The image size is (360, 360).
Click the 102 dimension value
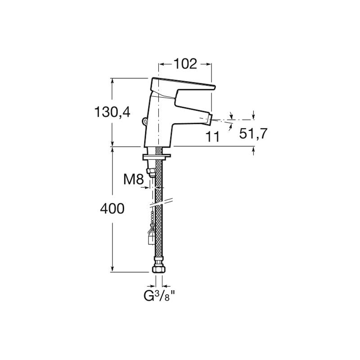coord(185,64)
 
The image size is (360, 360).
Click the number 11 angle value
coord(212,137)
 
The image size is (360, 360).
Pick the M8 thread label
coord(133,180)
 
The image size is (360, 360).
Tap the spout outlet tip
coord(208,120)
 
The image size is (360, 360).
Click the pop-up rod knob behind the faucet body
coord(144,121)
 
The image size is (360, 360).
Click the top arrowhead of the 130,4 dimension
coord(112,80)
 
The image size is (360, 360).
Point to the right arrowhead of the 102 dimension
coord(209,64)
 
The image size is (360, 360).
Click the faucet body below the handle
coord(160,126)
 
